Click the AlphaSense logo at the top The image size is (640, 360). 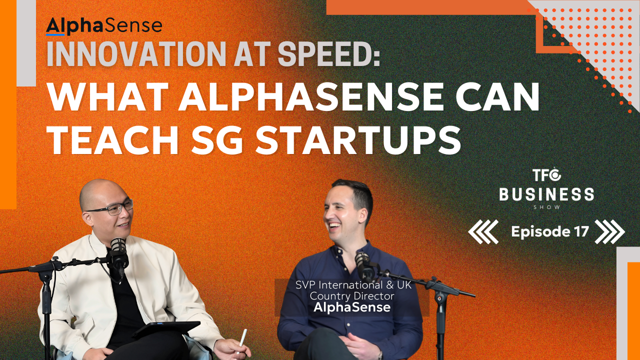(x=104, y=26)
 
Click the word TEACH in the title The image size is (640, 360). (x=113, y=140)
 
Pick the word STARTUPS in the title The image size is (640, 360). (x=358, y=140)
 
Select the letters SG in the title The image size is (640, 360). (x=217, y=140)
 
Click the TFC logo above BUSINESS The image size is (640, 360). (x=546, y=175)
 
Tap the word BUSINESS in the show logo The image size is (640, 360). (x=546, y=194)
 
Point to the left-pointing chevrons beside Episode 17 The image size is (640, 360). (x=483, y=231)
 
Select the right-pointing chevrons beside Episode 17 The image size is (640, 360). (x=609, y=231)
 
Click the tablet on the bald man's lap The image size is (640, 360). (x=166, y=329)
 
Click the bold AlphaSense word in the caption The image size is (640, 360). (x=352, y=307)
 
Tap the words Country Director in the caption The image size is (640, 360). (x=352, y=296)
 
